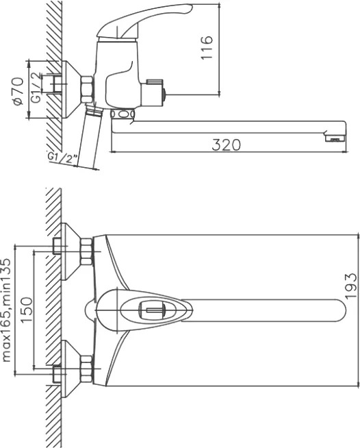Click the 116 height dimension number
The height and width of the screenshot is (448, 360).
click(x=207, y=47)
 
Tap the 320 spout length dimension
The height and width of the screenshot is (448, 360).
click(x=226, y=145)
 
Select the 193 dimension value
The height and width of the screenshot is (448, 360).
click(x=351, y=286)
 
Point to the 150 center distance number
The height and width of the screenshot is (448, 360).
click(x=27, y=310)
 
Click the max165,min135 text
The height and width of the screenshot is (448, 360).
click(x=6, y=310)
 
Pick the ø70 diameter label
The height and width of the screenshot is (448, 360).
click(x=18, y=91)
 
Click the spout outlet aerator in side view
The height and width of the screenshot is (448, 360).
click(x=335, y=138)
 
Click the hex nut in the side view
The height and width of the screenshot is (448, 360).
click(x=87, y=90)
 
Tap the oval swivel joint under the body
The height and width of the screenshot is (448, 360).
click(x=123, y=114)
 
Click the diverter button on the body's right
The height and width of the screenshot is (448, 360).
click(x=155, y=90)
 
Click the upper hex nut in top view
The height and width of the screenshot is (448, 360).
click(x=87, y=251)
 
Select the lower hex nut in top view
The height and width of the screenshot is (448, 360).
click(x=87, y=369)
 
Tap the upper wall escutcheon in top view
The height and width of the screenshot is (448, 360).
click(x=70, y=251)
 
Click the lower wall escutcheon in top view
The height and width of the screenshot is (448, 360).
click(x=70, y=369)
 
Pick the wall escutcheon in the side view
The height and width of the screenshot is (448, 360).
click(x=70, y=90)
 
